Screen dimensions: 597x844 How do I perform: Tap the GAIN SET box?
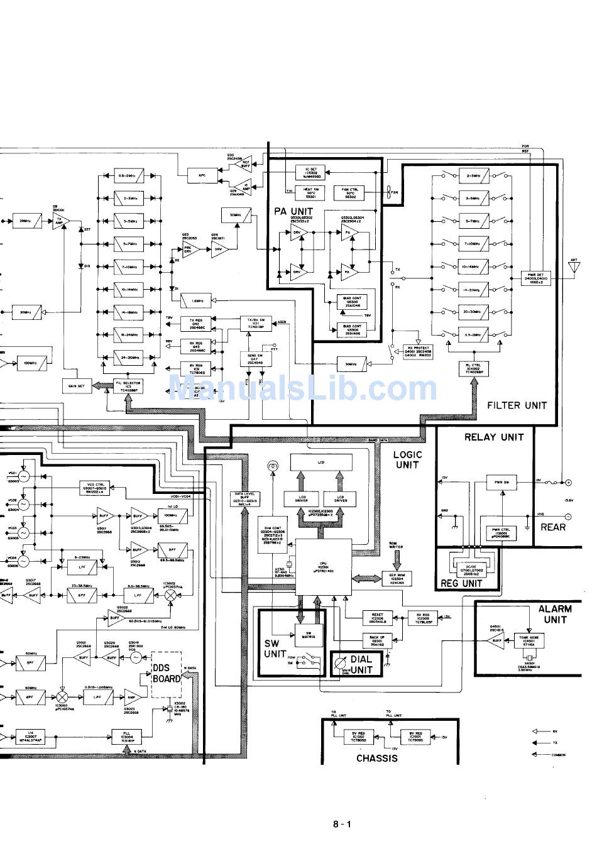pos(77,385)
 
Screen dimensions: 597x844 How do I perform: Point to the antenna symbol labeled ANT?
pos(573,268)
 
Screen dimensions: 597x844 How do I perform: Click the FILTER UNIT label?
pos(517,405)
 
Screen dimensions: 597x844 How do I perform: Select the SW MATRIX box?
pos(309,635)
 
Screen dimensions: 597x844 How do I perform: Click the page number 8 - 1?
pos(342,824)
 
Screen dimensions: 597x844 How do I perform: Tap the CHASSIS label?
pos(376,758)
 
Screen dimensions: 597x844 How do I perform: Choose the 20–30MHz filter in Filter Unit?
pos(474,311)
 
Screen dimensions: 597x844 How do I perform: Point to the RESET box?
pos(378,617)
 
